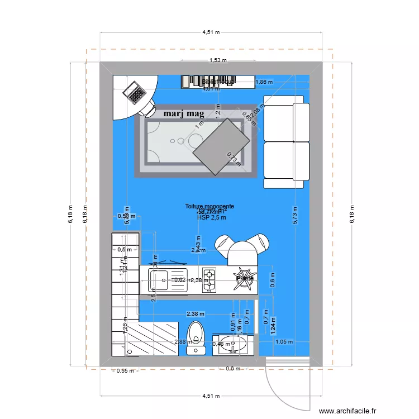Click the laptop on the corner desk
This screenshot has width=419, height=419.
point(135,92)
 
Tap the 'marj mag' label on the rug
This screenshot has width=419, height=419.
point(184,114)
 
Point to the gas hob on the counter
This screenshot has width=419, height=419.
point(209,280)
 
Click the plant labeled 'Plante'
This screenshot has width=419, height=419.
point(245,278)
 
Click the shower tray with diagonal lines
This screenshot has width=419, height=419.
point(151,339)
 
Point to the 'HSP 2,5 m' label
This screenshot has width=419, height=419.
point(211,218)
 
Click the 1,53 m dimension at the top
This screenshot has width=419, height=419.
point(218,60)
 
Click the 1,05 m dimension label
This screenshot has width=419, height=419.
point(284,342)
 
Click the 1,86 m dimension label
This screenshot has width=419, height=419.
point(264,82)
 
